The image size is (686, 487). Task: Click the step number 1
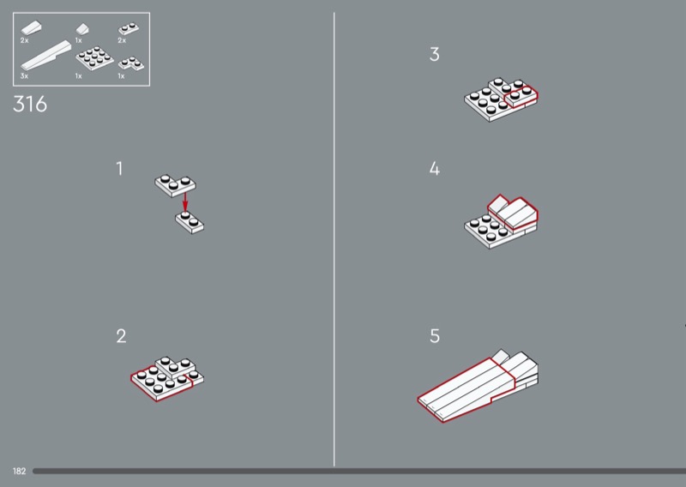tap(119, 168)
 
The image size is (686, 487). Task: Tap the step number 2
tap(121, 336)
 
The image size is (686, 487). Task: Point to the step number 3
tap(434, 54)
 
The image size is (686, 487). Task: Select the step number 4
tap(434, 168)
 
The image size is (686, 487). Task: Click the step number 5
tap(434, 336)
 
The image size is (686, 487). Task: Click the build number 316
tap(30, 104)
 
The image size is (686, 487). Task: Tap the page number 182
tap(19, 472)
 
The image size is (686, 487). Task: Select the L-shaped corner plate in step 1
tap(175, 185)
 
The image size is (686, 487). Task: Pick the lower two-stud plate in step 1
tap(190, 222)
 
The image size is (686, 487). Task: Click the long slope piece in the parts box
tap(46, 56)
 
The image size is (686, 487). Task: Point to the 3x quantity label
tap(24, 76)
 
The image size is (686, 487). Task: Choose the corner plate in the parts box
tap(131, 64)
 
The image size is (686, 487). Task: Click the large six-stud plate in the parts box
tap(94, 58)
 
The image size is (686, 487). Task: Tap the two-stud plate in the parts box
tap(129, 29)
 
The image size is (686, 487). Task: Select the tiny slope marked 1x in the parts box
tap(82, 29)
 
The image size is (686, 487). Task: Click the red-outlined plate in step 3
tap(521, 96)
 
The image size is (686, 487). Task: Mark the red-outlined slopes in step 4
tap(513, 213)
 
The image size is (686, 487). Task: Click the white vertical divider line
tap(334, 239)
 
